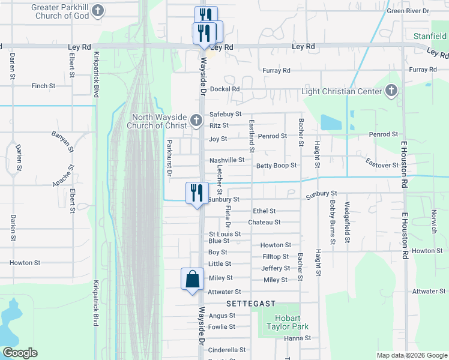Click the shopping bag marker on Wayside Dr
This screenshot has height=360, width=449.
192,280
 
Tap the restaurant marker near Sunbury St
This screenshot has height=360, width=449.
196,193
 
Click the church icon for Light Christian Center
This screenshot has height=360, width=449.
391,91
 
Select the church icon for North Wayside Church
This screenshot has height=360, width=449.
195,121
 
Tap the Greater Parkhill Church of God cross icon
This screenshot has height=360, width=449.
98,11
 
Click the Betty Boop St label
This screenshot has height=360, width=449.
276,166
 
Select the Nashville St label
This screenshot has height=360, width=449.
227,160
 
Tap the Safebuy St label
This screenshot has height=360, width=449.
225,114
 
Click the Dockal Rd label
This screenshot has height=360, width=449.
225,89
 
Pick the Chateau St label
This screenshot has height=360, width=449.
264,222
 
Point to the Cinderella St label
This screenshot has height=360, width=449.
227,350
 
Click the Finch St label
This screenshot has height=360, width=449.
43,86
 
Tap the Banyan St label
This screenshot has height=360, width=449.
62,140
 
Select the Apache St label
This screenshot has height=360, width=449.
62,175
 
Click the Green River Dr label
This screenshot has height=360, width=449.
408,11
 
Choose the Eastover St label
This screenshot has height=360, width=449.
382,164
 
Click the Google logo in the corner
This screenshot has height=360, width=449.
19,353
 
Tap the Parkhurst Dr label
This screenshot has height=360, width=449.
170,157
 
